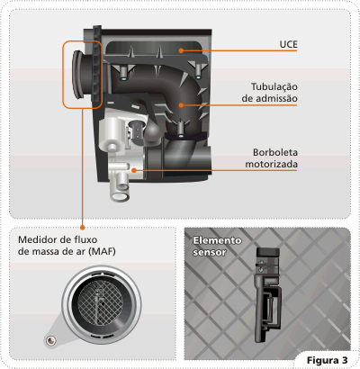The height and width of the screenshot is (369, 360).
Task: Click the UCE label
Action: coord(288,44)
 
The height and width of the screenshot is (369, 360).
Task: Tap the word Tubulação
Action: coord(274,86)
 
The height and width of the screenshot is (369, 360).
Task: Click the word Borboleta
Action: coord(275,152)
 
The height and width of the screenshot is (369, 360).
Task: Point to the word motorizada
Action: coord(272,164)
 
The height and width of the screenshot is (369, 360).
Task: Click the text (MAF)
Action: coord(102,251)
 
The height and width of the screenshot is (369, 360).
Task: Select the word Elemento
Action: coord(217,240)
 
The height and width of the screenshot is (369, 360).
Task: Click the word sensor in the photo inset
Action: coord(210,252)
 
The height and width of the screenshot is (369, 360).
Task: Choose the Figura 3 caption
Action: coord(327,360)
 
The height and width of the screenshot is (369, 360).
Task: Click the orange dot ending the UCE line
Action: coord(181,50)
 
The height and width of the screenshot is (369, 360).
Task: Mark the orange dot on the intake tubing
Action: coord(181,105)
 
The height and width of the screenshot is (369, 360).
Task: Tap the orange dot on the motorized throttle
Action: coord(134,170)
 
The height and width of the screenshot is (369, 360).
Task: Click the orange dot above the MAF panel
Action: coord(83,228)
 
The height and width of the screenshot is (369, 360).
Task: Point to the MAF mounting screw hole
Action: coord(50,340)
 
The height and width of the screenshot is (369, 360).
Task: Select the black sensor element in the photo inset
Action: coord(267,294)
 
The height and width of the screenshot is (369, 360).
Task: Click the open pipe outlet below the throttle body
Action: coord(121,197)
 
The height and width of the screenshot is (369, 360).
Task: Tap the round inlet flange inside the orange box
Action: coord(79,74)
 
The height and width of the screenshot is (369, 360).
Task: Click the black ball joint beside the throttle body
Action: coord(154,131)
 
